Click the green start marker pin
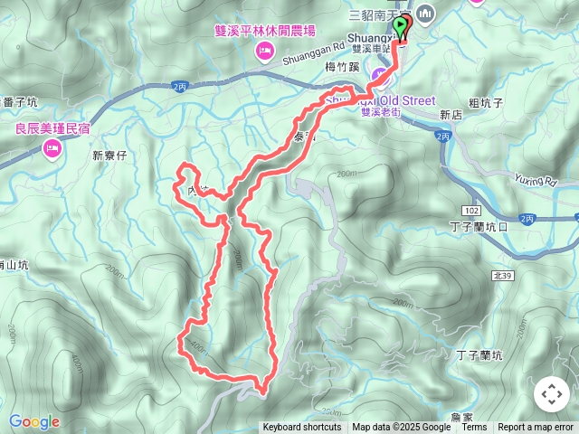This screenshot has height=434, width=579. point(401,24)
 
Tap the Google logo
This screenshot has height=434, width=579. point(34,421)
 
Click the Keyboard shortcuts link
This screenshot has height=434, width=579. point(302,428)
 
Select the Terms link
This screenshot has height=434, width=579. point(474,428)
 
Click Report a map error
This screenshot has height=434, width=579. point(536,428)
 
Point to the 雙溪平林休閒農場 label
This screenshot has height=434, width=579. point(265,31)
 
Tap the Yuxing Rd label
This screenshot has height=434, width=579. point(536,180)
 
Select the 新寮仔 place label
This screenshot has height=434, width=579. point(110,156)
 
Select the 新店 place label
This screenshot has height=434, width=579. point(451,116)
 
